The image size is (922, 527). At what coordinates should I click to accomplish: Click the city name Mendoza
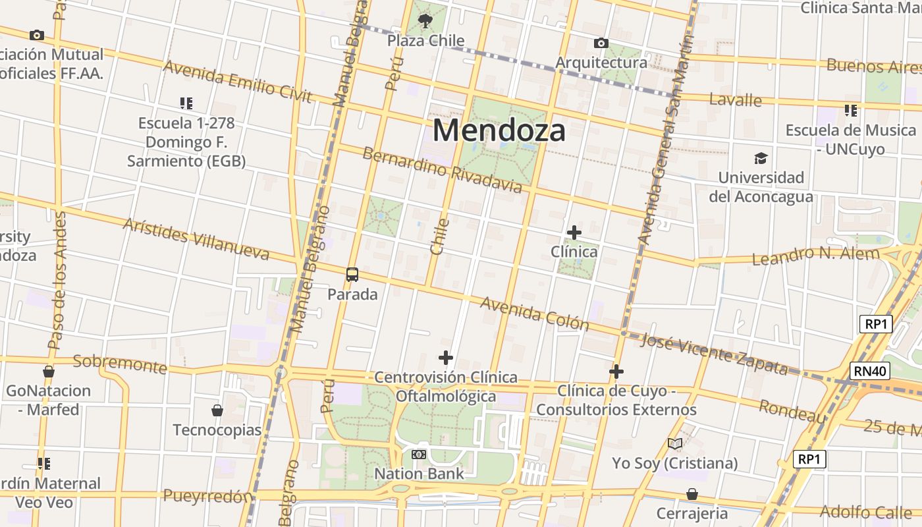click(499, 130)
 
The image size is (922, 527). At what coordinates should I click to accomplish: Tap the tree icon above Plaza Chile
click(425, 20)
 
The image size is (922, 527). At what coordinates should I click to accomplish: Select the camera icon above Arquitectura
click(601, 43)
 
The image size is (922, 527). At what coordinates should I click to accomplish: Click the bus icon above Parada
click(352, 275)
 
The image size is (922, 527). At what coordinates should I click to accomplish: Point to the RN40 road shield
click(869, 371)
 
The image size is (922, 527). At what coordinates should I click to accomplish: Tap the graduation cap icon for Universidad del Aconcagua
click(761, 158)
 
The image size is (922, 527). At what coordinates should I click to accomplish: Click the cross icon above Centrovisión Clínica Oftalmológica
click(446, 358)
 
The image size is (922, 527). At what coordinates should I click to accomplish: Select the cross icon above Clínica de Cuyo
click(616, 372)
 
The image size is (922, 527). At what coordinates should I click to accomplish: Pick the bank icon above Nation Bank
click(419, 455)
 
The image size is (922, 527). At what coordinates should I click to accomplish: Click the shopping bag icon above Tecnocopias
click(217, 411)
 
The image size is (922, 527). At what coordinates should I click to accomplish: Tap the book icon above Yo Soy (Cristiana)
click(674, 444)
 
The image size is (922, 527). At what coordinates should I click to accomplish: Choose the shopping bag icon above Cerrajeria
click(692, 494)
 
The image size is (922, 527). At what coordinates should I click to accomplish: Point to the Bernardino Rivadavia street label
click(442, 171)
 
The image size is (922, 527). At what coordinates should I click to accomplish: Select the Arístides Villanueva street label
click(196, 238)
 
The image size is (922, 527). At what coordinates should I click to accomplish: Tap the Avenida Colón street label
click(534, 313)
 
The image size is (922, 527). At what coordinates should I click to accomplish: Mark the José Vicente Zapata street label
click(714, 354)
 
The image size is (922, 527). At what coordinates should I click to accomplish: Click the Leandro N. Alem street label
click(815, 256)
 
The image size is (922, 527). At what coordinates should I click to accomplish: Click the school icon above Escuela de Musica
click(851, 111)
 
